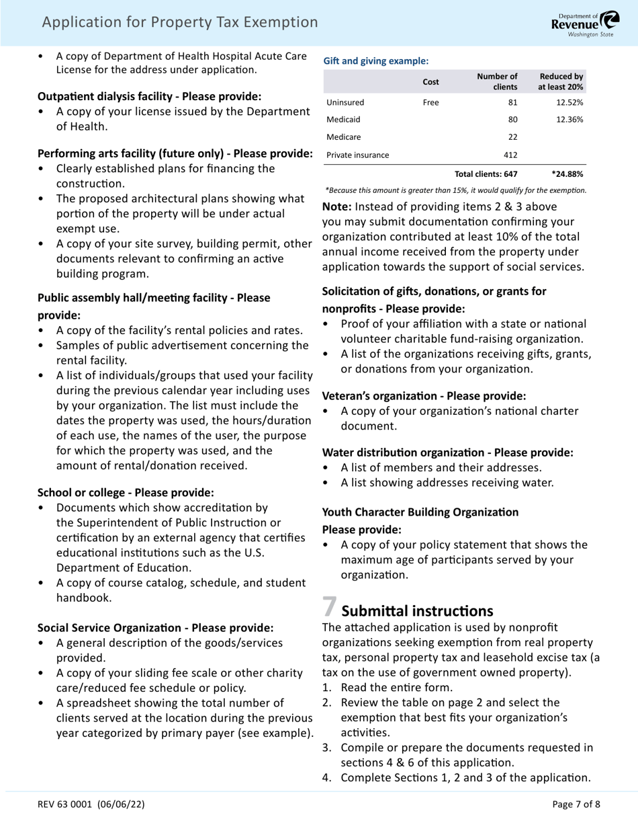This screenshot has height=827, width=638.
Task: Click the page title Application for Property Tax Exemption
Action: coord(179,23)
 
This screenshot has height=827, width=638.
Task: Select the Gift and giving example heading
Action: coord(376,61)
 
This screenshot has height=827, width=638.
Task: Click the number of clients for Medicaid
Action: coord(510,120)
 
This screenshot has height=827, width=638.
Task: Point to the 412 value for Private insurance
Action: coord(510,155)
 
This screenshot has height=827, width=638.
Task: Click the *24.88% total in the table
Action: coord(567,174)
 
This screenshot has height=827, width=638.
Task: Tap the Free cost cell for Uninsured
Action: coord(430,103)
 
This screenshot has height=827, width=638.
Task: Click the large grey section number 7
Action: coord(329,606)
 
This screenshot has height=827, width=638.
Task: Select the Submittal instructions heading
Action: coord(417,611)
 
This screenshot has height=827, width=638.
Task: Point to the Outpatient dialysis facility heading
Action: coord(149,97)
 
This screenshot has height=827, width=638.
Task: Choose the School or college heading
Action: coord(126,492)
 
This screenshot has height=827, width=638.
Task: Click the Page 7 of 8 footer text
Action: coord(576,803)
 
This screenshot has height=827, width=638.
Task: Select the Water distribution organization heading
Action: coord(447,452)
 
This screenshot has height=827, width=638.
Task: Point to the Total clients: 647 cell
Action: coord(486,174)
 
